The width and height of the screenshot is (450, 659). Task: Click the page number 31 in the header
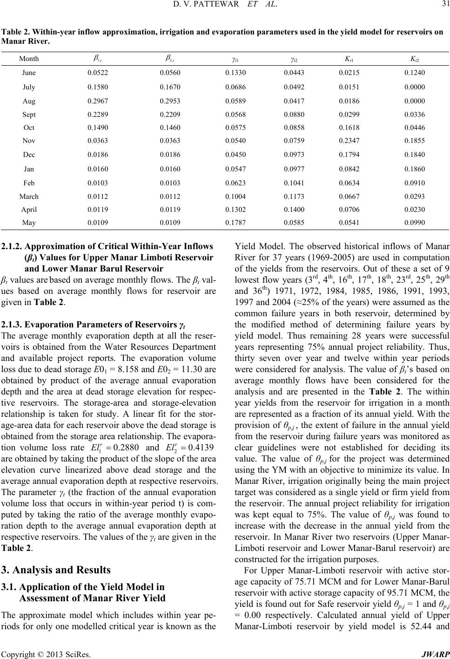coord(443,6)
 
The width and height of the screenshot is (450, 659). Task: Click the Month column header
coord(29,59)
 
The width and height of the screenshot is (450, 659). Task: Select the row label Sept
coord(29,114)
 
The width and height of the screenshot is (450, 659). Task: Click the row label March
coord(29,196)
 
